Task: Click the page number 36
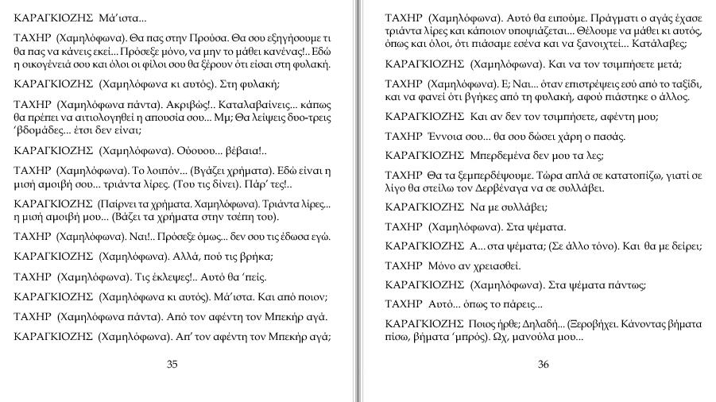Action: tap(544, 365)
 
